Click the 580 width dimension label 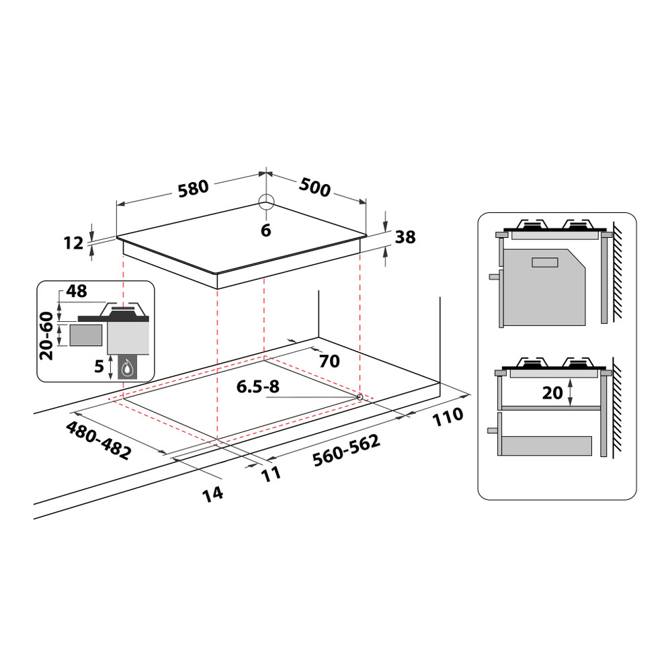(193, 187)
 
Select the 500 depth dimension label (314, 188)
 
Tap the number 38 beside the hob (406, 237)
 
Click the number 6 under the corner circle (265, 230)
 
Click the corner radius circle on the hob (266, 202)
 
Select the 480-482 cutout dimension (98, 440)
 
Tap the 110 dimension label (447, 416)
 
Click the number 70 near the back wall (329, 362)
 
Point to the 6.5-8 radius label (258, 387)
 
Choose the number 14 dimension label (212, 494)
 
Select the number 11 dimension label (271, 473)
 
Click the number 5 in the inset (99, 367)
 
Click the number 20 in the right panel (552, 392)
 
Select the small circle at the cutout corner (360, 396)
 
